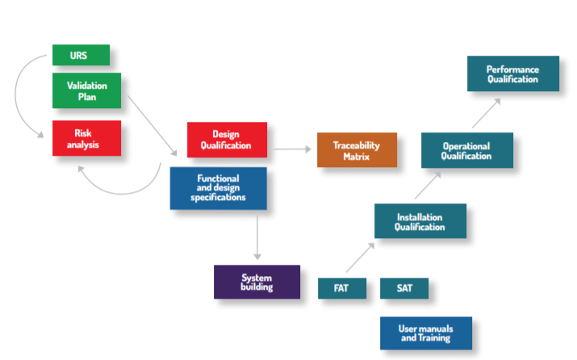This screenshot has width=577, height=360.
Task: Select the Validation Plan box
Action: (x=86, y=90)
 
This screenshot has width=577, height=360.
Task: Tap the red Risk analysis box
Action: (x=86, y=138)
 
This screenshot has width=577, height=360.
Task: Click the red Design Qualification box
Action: (x=227, y=139)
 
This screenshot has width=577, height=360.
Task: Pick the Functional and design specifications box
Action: (x=218, y=188)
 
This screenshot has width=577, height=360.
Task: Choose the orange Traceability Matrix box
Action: (x=357, y=150)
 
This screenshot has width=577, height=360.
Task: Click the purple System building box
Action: (x=257, y=282)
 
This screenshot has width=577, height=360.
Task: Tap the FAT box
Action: (x=342, y=288)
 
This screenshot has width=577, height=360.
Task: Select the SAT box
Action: (x=403, y=288)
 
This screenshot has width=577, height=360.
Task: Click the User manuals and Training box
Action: (x=426, y=333)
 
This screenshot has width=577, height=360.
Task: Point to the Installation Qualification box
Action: (x=420, y=221)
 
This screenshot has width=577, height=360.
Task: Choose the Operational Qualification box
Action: (x=466, y=151)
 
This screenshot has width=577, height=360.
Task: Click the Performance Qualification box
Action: (x=512, y=73)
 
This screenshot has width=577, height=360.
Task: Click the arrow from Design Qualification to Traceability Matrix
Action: (x=291, y=149)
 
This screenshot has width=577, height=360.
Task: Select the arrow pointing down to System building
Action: (x=257, y=236)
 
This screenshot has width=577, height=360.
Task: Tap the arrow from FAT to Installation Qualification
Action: (x=360, y=257)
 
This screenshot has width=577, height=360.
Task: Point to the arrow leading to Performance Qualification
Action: (x=486, y=113)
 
